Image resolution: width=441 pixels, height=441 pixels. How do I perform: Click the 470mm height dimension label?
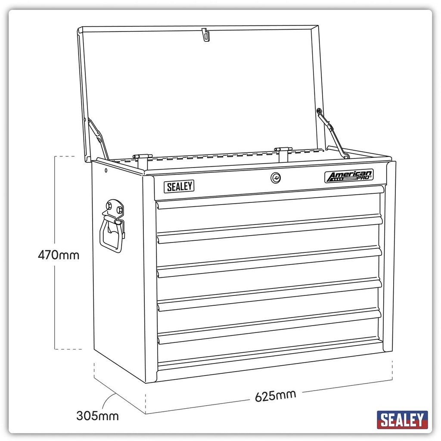59,255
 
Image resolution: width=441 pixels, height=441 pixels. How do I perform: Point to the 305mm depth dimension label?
97,416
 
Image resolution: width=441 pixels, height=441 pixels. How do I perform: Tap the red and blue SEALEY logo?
402,420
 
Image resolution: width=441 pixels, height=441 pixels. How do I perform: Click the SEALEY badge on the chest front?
179,186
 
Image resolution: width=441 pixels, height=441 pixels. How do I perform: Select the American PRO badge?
349,176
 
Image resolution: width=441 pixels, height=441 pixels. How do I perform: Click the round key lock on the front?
276,178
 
